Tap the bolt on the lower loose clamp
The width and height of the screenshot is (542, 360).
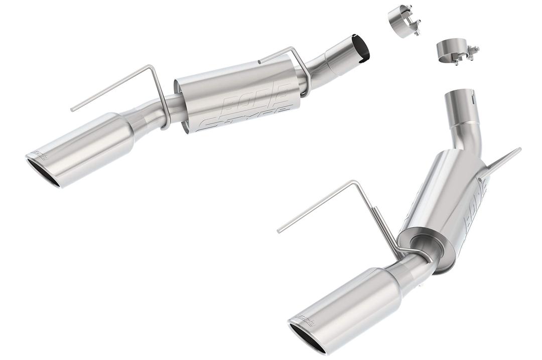(472, 51)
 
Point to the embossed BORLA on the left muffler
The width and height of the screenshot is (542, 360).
(256, 98)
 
